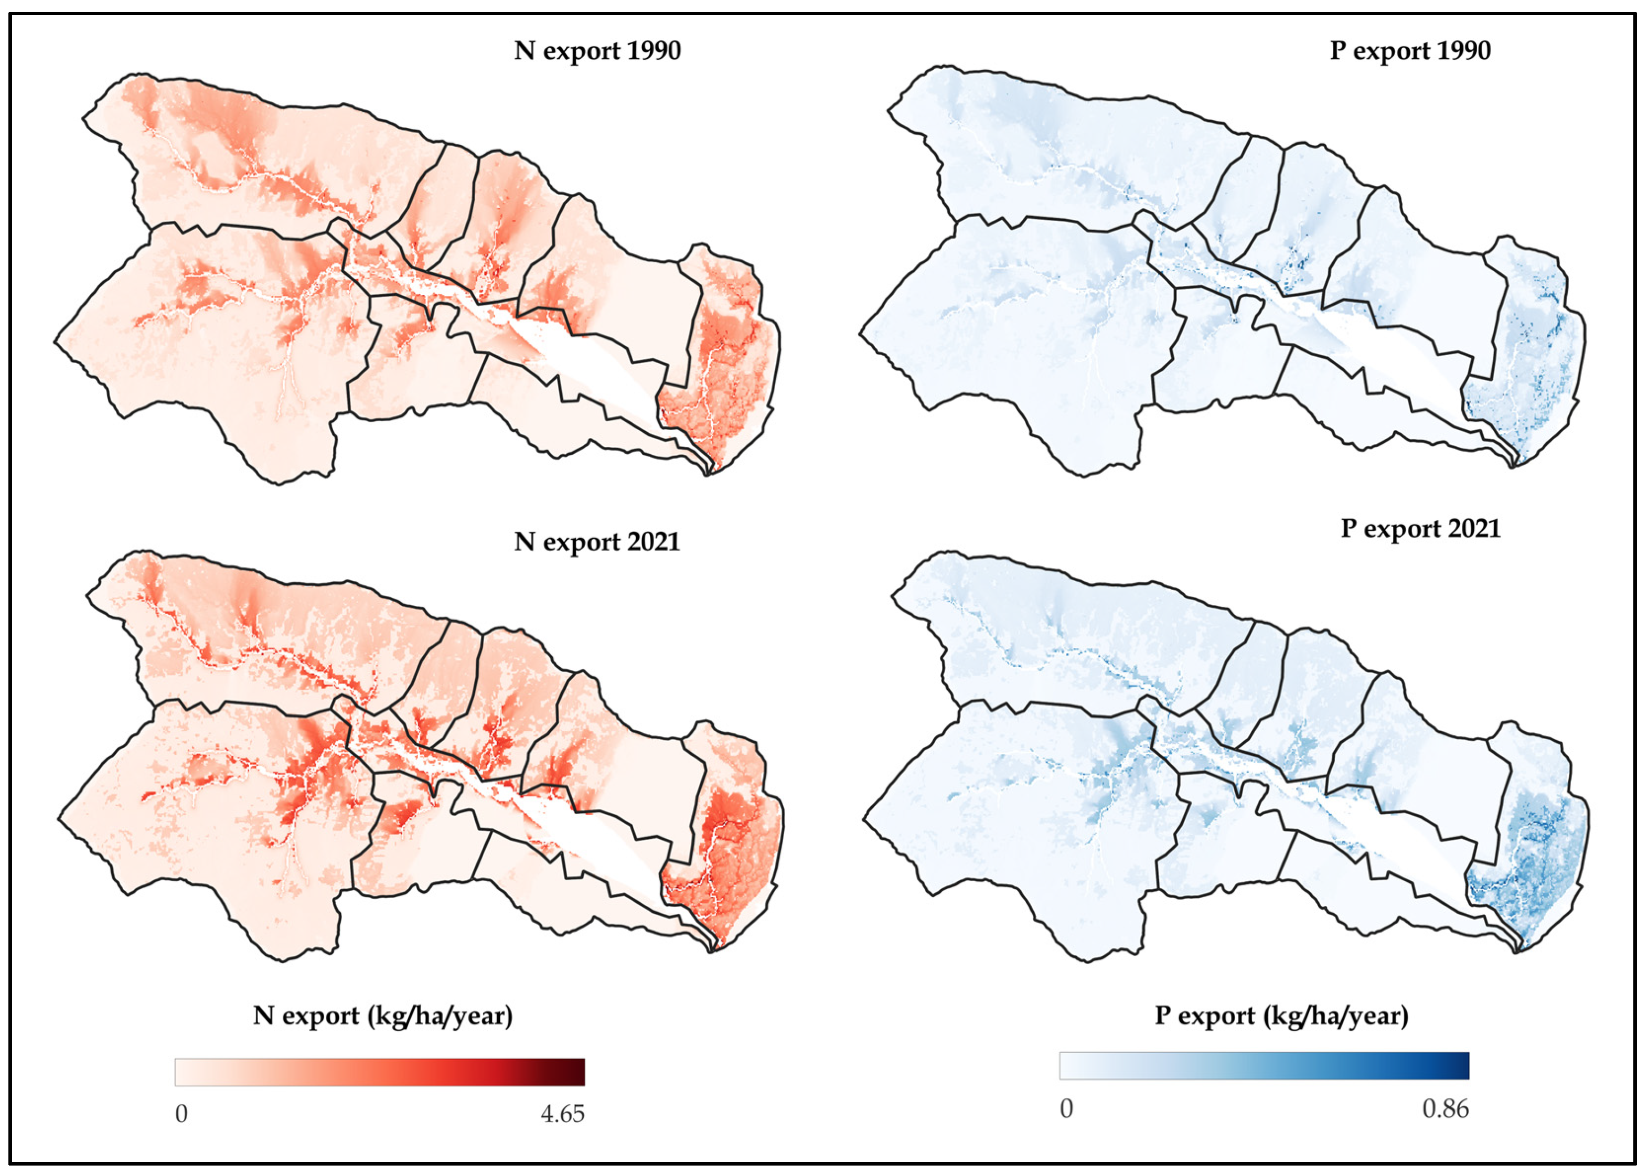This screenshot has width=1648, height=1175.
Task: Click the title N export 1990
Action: coord(597,51)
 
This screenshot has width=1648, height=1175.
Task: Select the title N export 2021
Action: coord(597,542)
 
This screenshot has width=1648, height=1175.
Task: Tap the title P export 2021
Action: coord(1420,528)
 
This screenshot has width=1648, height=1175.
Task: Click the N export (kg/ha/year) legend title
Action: coord(383,1016)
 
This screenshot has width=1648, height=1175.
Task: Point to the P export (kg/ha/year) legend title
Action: coord(1281,1016)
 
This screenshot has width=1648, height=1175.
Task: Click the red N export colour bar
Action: coord(379,1072)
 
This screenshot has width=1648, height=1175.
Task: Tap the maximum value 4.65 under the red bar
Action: coord(562,1114)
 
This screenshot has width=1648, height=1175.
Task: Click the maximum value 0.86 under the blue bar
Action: coord(1444,1109)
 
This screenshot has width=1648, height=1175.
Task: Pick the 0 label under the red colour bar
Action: coord(181,1114)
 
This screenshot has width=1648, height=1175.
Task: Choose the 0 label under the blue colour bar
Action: coord(1066,1109)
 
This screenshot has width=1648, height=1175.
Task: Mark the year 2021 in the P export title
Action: coord(1470,528)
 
